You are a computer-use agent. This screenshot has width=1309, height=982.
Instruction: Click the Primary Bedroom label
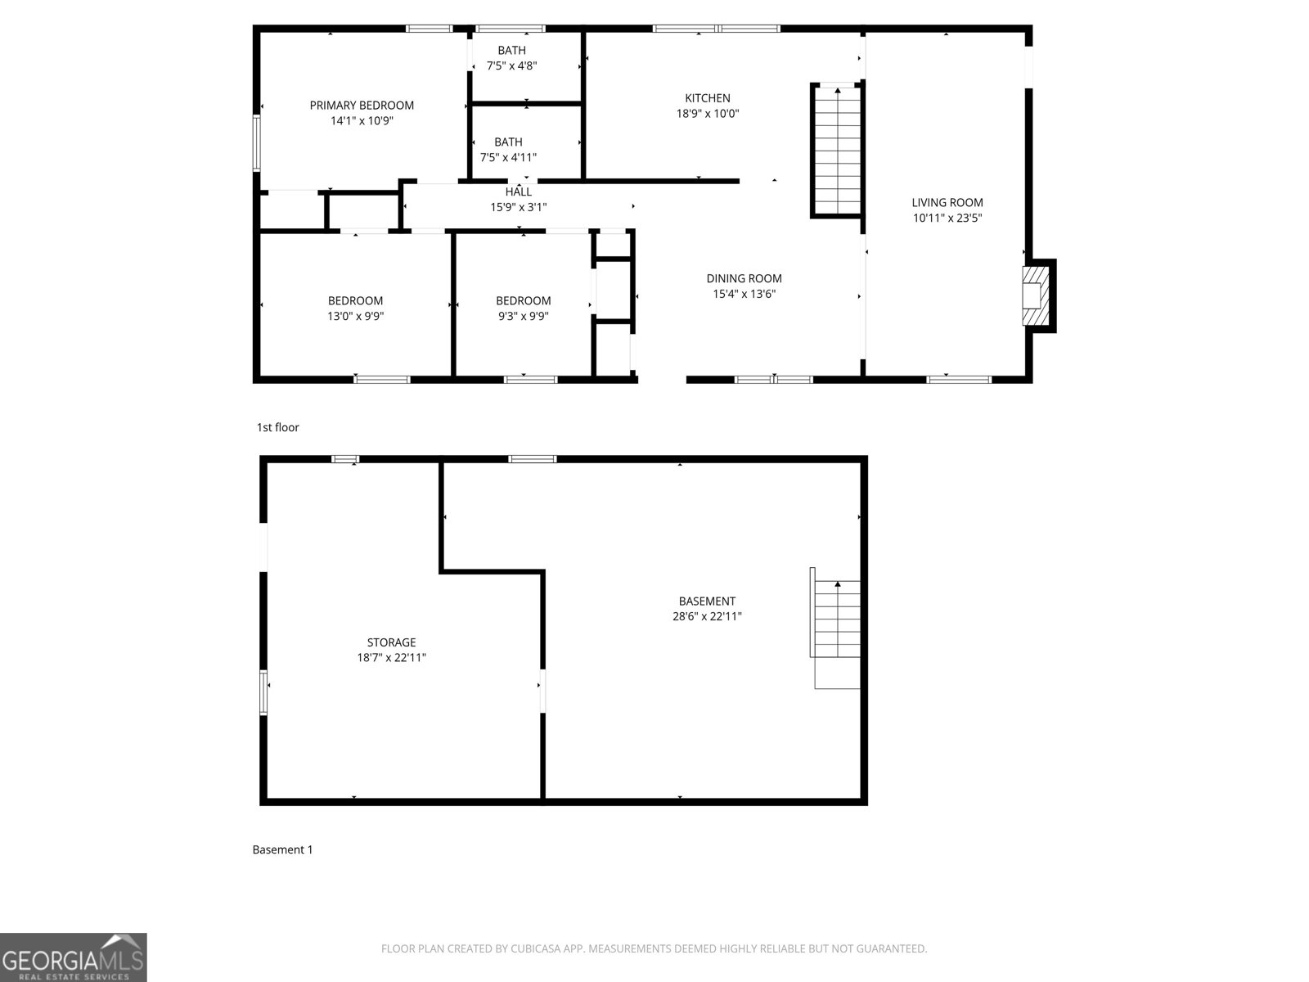tap(362, 105)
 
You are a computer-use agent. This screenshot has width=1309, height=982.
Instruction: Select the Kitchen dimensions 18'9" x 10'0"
tap(708, 114)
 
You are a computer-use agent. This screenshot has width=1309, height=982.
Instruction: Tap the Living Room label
tap(947, 202)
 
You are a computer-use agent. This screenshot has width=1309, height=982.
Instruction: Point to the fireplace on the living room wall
tap(1037, 295)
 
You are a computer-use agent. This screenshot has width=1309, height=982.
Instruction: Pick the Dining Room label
tap(744, 278)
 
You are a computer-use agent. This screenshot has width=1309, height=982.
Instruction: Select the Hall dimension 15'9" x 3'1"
tap(518, 207)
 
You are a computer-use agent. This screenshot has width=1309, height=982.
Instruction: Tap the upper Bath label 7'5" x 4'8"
tap(511, 51)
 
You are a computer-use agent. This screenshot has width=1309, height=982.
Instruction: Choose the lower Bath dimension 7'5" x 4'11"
tap(508, 157)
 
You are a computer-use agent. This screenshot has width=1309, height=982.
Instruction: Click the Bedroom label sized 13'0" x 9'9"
tap(355, 300)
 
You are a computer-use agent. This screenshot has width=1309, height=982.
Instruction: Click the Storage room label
tap(391, 642)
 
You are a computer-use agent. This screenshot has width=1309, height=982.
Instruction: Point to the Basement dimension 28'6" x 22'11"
tap(707, 616)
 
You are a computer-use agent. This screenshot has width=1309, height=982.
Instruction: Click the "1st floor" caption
tap(278, 427)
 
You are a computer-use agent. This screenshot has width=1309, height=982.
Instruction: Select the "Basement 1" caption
tap(282, 849)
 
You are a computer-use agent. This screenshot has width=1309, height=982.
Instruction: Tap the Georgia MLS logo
tap(73, 957)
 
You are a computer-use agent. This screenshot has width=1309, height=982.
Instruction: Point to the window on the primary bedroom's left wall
tap(256, 142)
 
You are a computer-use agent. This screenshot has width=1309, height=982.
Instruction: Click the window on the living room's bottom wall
tap(959, 379)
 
